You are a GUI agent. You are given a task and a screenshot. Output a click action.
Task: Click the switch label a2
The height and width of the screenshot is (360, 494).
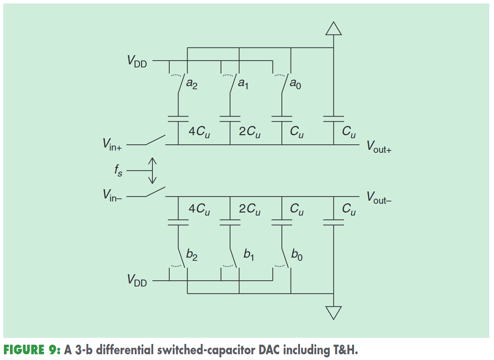point(192,83)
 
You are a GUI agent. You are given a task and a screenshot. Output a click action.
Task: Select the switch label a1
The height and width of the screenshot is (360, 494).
point(244,83)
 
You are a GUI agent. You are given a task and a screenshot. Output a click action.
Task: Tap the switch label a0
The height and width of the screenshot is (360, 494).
point(295,83)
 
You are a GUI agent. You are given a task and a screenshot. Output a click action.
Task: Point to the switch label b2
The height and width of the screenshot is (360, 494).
point(192,255)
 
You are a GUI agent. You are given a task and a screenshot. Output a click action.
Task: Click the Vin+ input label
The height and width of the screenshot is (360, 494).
point(112,145)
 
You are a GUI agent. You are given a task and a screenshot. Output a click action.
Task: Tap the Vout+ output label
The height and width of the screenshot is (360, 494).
point(379,147)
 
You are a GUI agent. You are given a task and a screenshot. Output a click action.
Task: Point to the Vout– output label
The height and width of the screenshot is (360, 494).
point(379,198)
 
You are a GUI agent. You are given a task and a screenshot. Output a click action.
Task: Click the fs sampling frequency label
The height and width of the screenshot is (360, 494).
point(118,170)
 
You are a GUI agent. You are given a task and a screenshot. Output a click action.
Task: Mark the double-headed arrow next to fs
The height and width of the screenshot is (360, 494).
point(152,170)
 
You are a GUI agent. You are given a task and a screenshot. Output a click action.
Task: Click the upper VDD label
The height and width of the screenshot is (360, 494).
point(137,62)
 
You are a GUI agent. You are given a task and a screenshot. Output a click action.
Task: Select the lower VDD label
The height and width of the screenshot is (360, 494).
point(137,280)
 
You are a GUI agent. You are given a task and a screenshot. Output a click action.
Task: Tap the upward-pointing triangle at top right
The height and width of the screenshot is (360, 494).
point(334,29)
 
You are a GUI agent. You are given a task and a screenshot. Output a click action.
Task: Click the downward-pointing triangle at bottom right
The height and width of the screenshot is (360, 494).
point(334,313)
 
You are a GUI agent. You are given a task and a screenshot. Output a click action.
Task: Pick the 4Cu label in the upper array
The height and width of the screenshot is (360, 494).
point(199,132)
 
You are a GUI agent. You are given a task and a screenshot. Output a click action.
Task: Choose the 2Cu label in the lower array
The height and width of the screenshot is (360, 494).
point(250,209)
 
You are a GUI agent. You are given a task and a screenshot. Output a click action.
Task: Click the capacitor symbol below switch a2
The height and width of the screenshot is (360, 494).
point(178,119)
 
